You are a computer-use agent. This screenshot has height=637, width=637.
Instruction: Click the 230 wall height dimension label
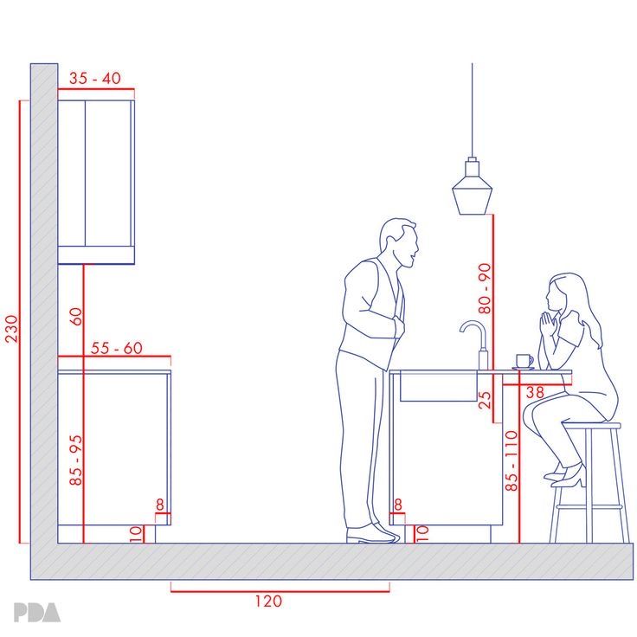[12, 329]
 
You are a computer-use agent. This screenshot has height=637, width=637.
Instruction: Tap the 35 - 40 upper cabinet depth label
[94, 78]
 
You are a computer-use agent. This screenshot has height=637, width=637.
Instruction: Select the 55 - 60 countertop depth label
[116, 348]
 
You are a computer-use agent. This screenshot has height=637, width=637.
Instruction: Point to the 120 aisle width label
[268, 601]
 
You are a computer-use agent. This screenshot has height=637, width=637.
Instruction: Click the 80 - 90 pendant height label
[485, 288]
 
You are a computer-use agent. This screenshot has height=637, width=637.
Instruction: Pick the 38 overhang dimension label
[535, 392]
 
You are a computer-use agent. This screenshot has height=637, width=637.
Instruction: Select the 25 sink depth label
[485, 400]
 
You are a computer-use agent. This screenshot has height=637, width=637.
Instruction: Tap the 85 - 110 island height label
[512, 460]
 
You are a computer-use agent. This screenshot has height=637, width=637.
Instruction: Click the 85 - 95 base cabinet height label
[76, 460]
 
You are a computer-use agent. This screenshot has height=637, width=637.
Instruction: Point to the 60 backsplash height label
[76, 317]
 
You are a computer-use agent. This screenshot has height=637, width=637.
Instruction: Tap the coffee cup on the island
[524, 361]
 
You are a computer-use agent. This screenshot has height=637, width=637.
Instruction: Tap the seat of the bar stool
[591, 425]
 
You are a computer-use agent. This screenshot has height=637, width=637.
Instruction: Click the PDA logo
[36, 612]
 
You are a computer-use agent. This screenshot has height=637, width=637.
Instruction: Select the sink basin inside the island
[438, 386]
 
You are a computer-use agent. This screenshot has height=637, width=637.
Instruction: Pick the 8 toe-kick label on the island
[398, 505]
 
